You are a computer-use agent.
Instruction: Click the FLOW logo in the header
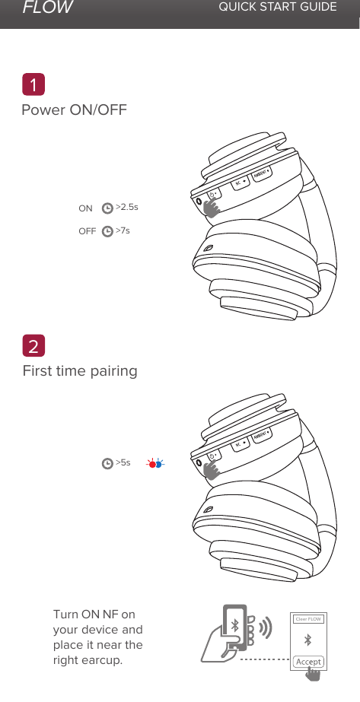click(x=47, y=8)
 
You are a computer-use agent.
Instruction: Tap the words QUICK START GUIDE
click(x=277, y=8)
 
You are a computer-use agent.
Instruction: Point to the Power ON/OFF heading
click(x=74, y=110)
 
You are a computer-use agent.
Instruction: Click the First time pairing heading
click(x=80, y=371)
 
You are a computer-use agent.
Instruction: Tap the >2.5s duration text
click(x=126, y=206)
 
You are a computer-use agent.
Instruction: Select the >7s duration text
click(x=123, y=230)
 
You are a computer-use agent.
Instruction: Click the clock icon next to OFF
click(x=107, y=230)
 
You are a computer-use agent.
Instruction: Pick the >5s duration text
click(x=123, y=462)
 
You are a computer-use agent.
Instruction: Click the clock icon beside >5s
click(x=107, y=462)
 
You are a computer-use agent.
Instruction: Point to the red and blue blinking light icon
click(x=155, y=462)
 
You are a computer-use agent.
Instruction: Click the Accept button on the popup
click(x=308, y=662)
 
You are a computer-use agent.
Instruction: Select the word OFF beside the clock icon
click(x=87, y=230)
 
